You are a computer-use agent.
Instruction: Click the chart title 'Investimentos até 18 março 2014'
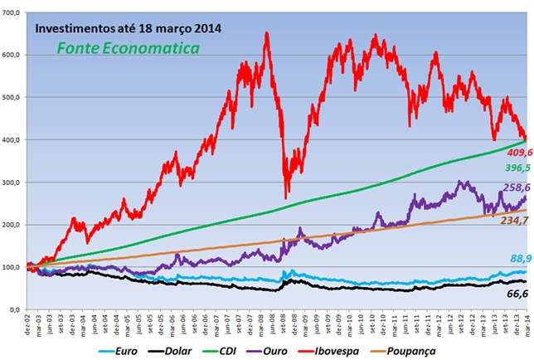128,28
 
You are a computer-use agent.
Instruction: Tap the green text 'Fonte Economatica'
128,48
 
